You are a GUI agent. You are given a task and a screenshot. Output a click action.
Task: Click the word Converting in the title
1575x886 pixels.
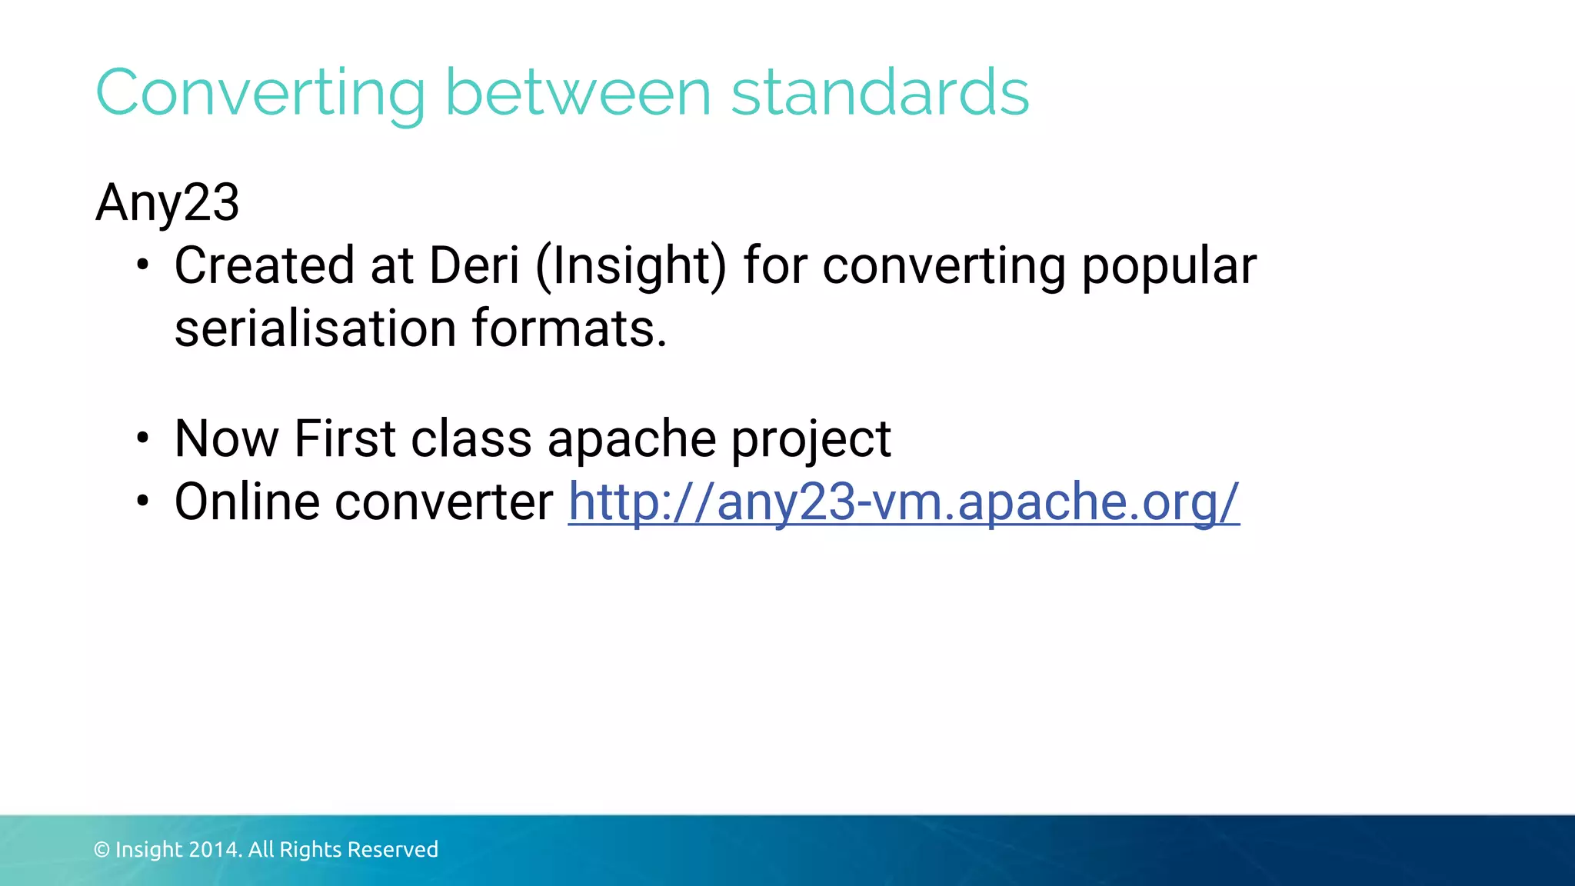(x=260, y=94)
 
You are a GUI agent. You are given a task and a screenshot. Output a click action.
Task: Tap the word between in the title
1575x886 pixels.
(x=578, y=94)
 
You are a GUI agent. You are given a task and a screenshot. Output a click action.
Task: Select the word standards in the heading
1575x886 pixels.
(x=880, y=94)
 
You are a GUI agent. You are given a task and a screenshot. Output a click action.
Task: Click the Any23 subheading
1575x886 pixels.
(x=168, y=204)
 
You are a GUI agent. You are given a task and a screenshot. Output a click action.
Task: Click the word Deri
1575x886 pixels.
(x=474, y=266)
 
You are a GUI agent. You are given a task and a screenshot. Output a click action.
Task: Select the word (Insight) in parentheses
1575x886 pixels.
(x=631, y=266)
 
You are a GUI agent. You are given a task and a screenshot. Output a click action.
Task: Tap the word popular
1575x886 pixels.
(x=1169, y=266)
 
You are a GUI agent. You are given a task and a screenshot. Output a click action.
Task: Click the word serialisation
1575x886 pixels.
(x=315, y=329)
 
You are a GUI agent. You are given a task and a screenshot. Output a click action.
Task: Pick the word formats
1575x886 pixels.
(x=569, y=329)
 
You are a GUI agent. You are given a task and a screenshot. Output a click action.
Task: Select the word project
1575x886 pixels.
(x=811, y=439)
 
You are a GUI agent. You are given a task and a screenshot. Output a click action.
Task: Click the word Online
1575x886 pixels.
(x=247, y=502)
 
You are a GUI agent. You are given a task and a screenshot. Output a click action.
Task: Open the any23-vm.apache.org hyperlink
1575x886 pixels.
(x=904, y=502)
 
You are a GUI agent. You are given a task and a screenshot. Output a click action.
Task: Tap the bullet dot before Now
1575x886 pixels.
(x=142, y=439)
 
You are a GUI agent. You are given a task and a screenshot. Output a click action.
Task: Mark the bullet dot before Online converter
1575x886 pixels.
(x=142, y=502)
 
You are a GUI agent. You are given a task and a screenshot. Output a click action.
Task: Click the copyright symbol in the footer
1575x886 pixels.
(x=102, y=850)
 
